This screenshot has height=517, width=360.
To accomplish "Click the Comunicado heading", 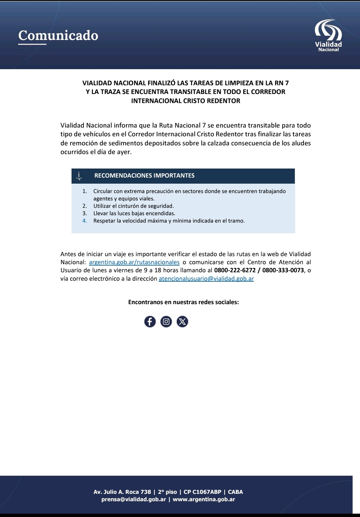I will point(58,36).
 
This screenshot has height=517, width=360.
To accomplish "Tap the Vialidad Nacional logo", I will point(328,36).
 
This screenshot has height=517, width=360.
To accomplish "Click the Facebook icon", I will point(150,322).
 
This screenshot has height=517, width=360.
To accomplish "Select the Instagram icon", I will point(166,322).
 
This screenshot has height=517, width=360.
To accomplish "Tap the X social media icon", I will point(182,322).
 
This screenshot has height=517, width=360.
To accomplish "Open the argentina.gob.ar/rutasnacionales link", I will point(134,262).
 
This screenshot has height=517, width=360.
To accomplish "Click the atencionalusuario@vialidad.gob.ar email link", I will point(206,279).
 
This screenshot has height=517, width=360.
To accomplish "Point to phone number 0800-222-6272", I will point(235,270).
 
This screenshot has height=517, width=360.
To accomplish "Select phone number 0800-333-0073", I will point(283,270).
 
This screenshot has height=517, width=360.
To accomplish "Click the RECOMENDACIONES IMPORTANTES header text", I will point(144,176).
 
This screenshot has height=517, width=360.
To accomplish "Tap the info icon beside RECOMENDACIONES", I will point(79,176).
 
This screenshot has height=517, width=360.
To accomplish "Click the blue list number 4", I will point(85,221).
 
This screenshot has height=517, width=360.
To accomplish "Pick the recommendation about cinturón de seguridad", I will point(133,206).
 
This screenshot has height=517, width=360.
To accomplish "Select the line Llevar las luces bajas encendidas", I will point(134,214).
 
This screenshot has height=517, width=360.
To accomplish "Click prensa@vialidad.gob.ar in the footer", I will point(134,499).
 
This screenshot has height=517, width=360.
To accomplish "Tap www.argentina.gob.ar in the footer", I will point(204,499).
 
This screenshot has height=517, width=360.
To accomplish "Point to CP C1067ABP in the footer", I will point(203,492).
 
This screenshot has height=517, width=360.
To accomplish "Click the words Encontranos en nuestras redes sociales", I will point(183,302).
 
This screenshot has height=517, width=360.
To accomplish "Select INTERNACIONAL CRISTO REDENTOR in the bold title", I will point(185,101).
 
